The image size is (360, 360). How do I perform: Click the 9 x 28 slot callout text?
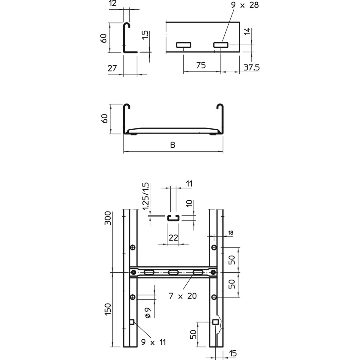[x=245, y=5]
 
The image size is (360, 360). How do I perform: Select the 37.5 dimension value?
[x=251, y=67]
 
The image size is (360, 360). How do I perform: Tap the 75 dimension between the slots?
[x=201, y=65]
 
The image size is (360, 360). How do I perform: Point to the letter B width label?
[x=172, y=145]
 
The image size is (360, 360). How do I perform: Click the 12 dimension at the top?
[x=113, y=4]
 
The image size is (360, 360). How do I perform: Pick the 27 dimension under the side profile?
[x=112, y=68]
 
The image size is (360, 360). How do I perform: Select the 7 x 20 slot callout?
[x=183, y=296]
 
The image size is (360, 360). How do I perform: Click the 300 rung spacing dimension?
[x=108, y=218]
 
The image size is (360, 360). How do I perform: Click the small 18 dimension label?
[x=231, y=232]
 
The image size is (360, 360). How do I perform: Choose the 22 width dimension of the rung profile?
[x=173, y=238]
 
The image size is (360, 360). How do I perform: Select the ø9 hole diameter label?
[x=148, y=313]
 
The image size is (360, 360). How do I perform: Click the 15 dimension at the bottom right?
[x=233, y=353]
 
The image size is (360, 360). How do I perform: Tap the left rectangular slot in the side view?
[x=184, y=45]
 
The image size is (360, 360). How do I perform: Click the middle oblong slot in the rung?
[x=173, y=272]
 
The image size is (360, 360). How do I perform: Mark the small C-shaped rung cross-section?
[x=173, y=218]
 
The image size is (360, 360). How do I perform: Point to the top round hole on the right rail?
[x=214, y=247]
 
